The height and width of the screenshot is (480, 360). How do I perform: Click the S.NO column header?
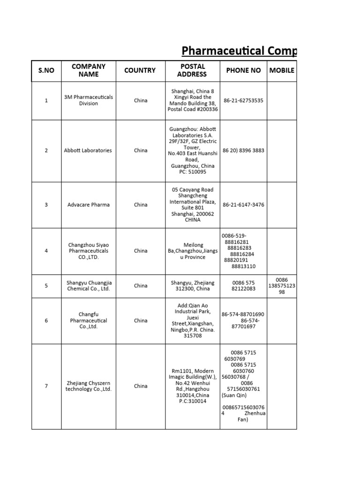46,70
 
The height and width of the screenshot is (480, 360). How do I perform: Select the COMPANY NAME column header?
89,70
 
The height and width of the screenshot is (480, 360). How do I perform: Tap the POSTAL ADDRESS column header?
192,70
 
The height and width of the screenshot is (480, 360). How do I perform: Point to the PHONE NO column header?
243,70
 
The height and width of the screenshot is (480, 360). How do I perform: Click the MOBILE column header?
282,70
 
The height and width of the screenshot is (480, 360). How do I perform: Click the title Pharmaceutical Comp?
239,51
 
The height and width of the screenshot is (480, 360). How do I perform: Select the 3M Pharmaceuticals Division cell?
89,100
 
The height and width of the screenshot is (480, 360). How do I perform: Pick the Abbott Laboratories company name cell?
89,150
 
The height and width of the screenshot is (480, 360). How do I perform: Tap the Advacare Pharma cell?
89,204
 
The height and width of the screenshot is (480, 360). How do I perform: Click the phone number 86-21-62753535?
243,100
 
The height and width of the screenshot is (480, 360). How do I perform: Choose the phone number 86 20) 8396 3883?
244,150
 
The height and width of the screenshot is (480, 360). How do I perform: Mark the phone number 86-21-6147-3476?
244,204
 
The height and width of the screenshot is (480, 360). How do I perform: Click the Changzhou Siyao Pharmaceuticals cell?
89,251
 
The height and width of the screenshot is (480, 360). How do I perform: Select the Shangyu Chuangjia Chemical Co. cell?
89,285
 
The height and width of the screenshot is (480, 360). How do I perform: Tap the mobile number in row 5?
282,285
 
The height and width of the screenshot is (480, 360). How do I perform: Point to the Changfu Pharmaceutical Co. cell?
89,321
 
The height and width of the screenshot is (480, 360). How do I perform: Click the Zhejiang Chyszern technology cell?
89,386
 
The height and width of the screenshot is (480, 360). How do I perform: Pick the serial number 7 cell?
46,386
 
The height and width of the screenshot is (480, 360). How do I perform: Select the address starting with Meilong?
193,251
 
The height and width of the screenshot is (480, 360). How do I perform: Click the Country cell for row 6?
141,321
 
